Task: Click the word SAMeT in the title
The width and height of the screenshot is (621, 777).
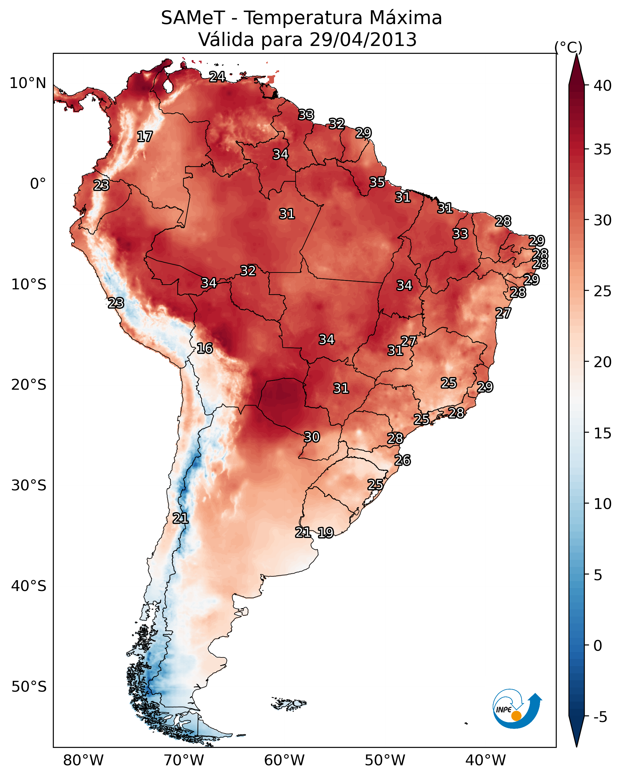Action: coord(193,18)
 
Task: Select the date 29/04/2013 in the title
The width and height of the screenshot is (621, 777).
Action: coord(363,40)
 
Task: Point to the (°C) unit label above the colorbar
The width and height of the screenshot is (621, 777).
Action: coord(568,47)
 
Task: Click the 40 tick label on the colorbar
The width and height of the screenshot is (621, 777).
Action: coord(603,86)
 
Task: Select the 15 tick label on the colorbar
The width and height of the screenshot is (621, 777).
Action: coord(603,433)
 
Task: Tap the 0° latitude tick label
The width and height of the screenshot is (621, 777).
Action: coord(38,184)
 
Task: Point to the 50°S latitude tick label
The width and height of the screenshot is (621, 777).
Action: coord(29,687)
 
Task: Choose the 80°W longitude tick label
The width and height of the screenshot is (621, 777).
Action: coord(83,760)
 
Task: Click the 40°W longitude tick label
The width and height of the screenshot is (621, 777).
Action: coord(486,760)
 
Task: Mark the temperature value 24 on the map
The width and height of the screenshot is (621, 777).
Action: coord(217,77)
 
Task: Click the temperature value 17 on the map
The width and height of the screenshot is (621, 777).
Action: coord(145,137)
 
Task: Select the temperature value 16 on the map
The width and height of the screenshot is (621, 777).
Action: coord(205,349)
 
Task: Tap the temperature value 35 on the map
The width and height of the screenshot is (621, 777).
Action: coord(377,182)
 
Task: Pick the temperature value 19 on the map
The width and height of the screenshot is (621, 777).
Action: coord(325,533)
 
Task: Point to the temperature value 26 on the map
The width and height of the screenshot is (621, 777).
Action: coord(403,460)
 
